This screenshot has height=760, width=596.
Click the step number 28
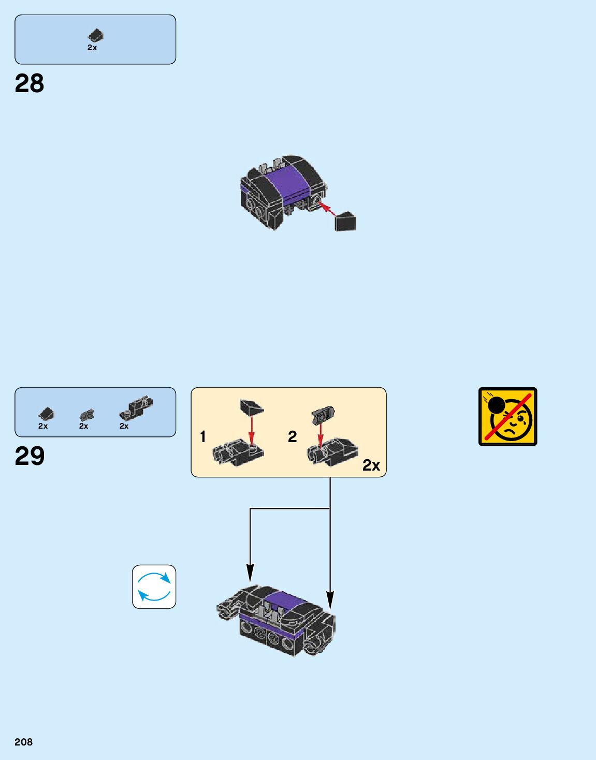point(30,83)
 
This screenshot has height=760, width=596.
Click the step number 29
point(30,456)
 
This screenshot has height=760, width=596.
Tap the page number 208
point(23,742)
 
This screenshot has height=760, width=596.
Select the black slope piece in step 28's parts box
point(95,35)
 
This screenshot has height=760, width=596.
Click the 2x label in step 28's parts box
point(92,48)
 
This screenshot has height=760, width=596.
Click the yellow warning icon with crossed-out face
point(507,416)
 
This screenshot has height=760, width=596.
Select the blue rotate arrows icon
point(154,587)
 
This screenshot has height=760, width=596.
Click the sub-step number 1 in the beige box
point(203,437)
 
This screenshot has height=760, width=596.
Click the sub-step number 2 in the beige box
point(293,437)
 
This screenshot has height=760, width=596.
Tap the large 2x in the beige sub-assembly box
point(371,465)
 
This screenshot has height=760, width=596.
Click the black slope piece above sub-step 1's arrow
point(252,407)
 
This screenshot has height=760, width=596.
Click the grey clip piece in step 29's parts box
point(86,415)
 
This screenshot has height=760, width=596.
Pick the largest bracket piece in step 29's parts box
point(136,407)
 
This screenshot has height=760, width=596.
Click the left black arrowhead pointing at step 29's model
point(250,573)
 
